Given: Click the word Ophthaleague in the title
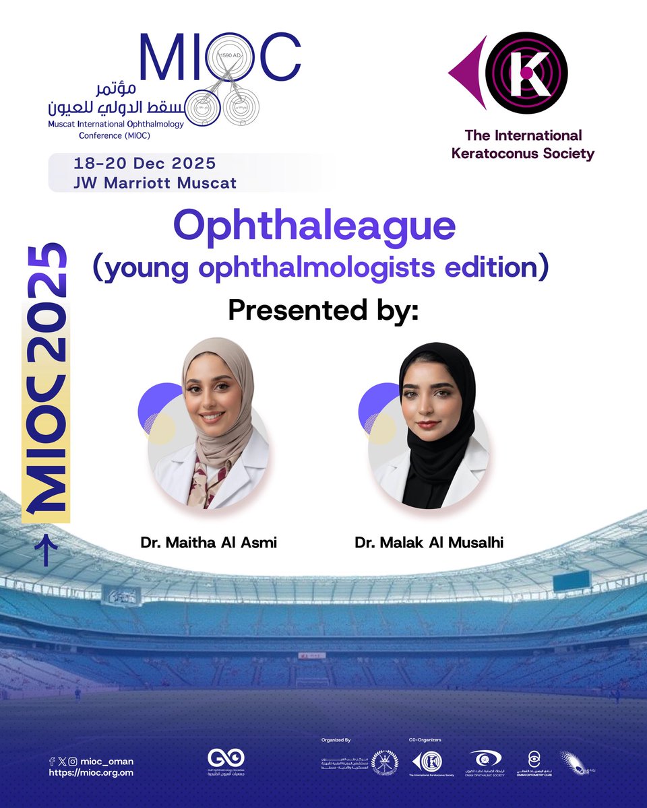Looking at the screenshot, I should click(x=314, y=227).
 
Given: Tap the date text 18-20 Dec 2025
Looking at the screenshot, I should click(x=146, y=164).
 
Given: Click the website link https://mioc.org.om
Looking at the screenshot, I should click(x=91, y=773).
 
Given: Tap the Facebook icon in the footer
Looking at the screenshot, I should click(x=52, y=761).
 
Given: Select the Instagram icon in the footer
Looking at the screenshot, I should click(x=73, y=761).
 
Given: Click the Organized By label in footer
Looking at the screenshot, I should click(x=337, y=739).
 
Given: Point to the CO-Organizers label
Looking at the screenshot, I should click(x=425, y=739).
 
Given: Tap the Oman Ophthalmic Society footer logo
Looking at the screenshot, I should click(x=485, y=762).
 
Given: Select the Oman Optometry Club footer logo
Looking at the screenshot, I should click(x=533, y=762).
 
